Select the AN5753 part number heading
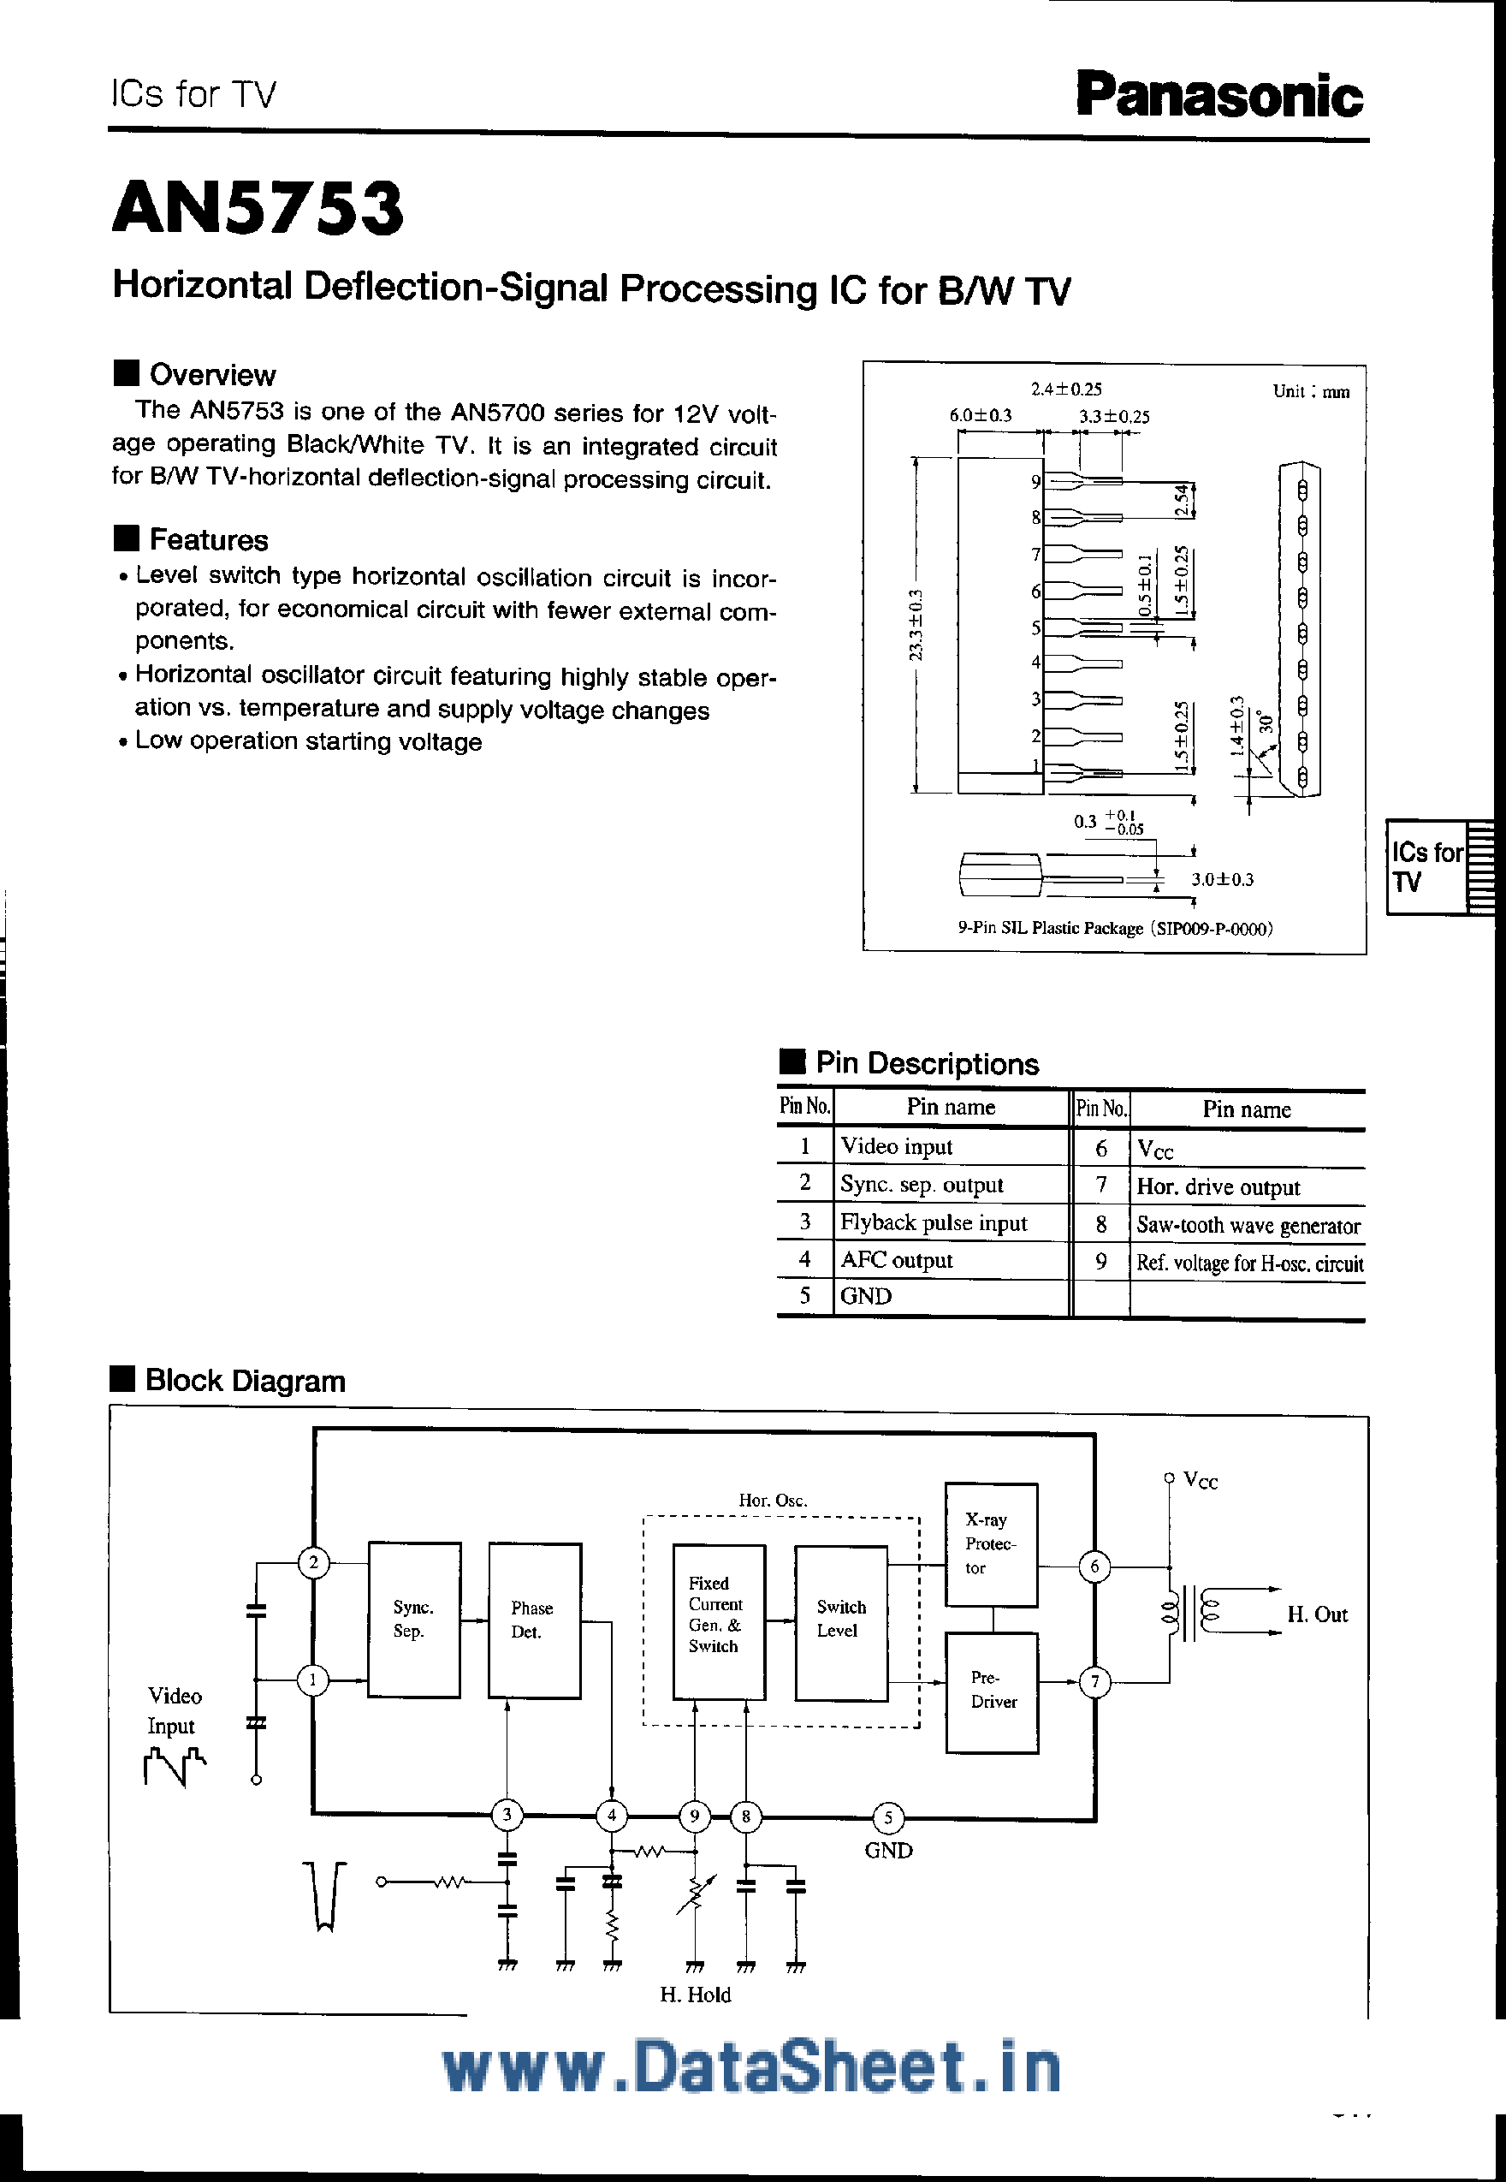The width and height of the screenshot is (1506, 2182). point(258,209)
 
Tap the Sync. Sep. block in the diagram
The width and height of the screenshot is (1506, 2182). point(413,1620)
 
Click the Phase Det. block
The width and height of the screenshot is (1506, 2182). point(534,1620)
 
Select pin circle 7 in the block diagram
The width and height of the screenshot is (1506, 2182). point(1094,1681)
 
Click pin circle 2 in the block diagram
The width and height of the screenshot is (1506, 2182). point(313,1563)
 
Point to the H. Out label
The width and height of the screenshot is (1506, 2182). point(1317,1614)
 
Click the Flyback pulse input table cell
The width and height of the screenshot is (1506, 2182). point(934,1223)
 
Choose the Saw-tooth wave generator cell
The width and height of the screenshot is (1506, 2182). point(1248,1226)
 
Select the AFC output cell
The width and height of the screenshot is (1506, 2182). point(897,1261)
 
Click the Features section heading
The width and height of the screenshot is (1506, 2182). point(209,540)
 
